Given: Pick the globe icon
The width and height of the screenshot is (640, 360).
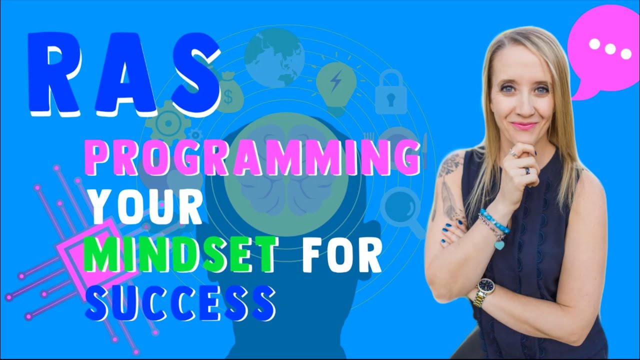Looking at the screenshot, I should click(274, 57).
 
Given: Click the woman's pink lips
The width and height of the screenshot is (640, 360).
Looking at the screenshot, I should click(524, 126).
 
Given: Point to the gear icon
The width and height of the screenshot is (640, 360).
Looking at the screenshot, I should click(168, 122).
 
